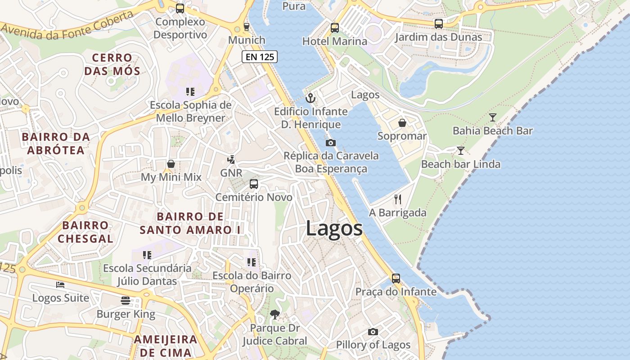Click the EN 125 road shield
(260, 57)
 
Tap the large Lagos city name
(334, 228)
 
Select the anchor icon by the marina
(310, 98)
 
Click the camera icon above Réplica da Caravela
(331, 143)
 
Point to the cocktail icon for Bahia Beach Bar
(493, 117)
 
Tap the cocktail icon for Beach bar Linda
(460, 151)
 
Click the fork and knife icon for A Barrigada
(397, 199)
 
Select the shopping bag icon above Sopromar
(402, 123)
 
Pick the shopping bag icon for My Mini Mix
(171, 164)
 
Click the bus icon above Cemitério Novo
(254, 184)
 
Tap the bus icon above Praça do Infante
(396, 279)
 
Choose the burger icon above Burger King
(126, 301)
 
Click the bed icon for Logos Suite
(60, 284)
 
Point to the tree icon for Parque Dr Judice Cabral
(274, 314)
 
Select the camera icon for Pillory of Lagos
(373, 332)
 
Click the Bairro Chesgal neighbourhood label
(85, 232)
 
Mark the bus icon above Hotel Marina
(334, 28)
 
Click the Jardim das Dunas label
(438, 37)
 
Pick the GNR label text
(231, 173)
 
